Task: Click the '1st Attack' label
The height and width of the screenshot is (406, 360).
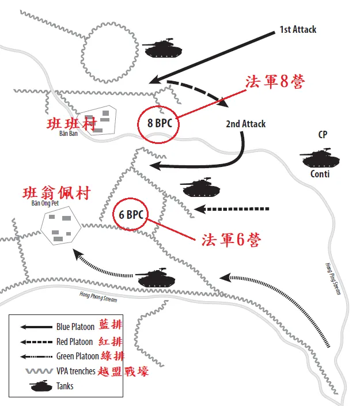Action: click(298, 29)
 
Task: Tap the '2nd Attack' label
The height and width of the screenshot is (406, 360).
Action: click(245, 124)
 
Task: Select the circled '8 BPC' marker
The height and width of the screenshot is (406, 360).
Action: click(160, 123)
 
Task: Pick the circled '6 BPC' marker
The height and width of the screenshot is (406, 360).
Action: click(131, 215)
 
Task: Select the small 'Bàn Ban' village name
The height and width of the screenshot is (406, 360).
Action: click(68, 134)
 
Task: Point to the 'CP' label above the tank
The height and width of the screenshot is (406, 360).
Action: click(323, 135)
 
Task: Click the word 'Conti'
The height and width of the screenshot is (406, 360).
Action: click(320, 173)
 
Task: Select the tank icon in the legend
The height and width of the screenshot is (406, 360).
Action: click(40, 385)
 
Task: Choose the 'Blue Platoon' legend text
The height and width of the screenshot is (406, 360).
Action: click(75, 327)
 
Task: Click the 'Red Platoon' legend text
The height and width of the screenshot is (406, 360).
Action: click(75, 342)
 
